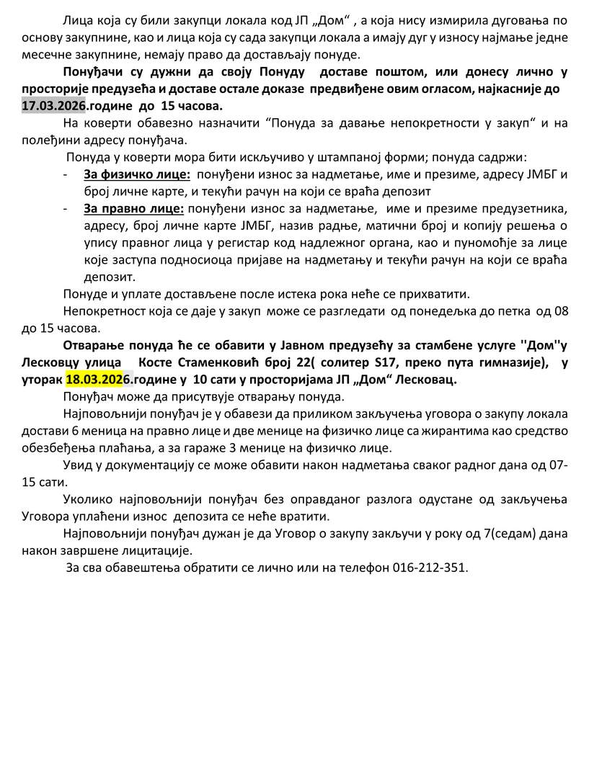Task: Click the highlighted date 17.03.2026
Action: pyautogui.click(x=52, y=106)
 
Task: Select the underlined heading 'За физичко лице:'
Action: pyautogui.click(x=137, y=175)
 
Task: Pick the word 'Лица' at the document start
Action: pyautogui.click(x=76, y=21)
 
